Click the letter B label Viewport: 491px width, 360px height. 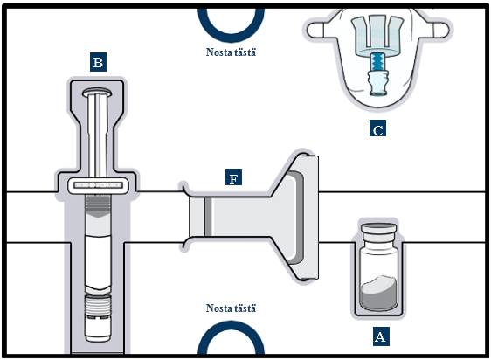click(x=98, y=62)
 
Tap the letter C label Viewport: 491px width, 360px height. click(x=377, y=128)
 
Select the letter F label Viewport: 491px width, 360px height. click(x=233, y=177)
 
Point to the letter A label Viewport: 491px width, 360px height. click(x=381, y=336)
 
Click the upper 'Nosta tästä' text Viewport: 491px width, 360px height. click(x=231, y=52)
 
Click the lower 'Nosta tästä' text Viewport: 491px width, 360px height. click(x=231, y=308)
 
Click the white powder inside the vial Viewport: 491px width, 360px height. click(x=379, y=293)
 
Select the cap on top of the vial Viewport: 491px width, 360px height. click(x=379, y=228)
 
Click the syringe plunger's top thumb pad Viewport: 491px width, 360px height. click(x=97, y=92)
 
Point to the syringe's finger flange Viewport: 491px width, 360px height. click(x=99, y=185)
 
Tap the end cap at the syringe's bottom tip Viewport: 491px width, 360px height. click(x=99, y=329)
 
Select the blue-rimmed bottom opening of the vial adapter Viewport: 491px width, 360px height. click(x=378, y=93)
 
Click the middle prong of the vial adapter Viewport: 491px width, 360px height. click(x=377, y=31)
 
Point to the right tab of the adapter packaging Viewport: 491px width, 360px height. click(x=440, y=30)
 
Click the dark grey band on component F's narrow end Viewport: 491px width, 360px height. click(x=208, y=217)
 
